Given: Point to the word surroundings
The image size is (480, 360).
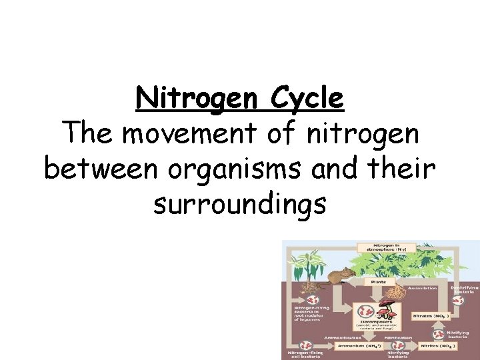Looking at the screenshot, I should pyautogui.click(x=240, y=204).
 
